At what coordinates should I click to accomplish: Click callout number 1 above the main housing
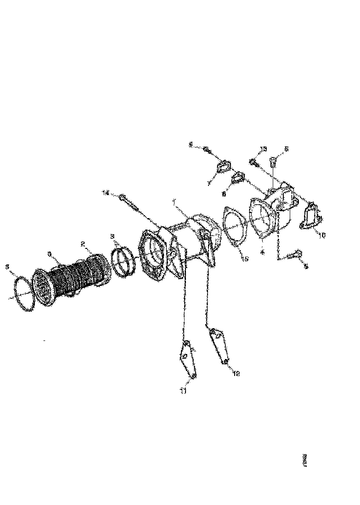coord(174,202)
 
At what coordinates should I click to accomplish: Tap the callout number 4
coord(262,252)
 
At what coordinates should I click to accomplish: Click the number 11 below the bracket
coord(183,391)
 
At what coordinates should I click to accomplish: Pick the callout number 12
coord(236,373)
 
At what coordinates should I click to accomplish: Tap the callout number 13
coord(263,149)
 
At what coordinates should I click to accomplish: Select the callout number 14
coord(106,194)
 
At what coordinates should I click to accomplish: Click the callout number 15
coord(246,259)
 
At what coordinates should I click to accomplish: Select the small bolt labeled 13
coord(253,162)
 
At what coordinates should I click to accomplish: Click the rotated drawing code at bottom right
coord(304,460)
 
